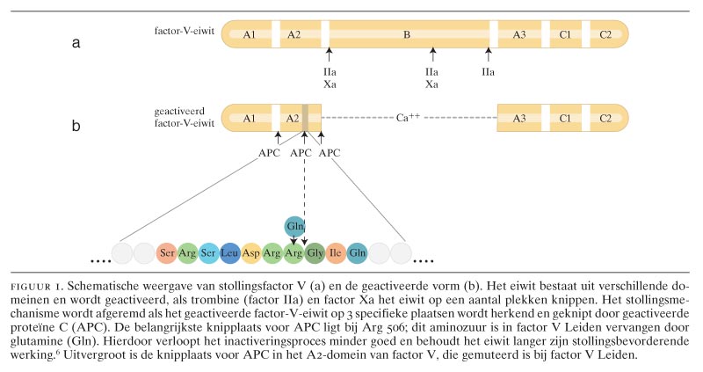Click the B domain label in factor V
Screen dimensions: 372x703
[407, 35]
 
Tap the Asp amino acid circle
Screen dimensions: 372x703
[251, 254]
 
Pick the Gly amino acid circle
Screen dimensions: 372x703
[315, 254]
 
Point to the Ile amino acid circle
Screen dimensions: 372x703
[336, 254]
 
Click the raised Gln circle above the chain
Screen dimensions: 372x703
[294, 228]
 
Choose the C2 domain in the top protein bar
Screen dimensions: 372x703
[605, 35]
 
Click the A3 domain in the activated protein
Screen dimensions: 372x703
[519, 117]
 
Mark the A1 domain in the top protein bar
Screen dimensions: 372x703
[250, 35]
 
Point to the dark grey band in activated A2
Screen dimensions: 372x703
[305, 117]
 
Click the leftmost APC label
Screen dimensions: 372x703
[271, 152]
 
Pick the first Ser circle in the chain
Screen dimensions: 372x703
[167, 254]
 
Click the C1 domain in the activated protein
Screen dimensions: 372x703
[565, 117]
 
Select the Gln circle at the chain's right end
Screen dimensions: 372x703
[357, 254]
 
